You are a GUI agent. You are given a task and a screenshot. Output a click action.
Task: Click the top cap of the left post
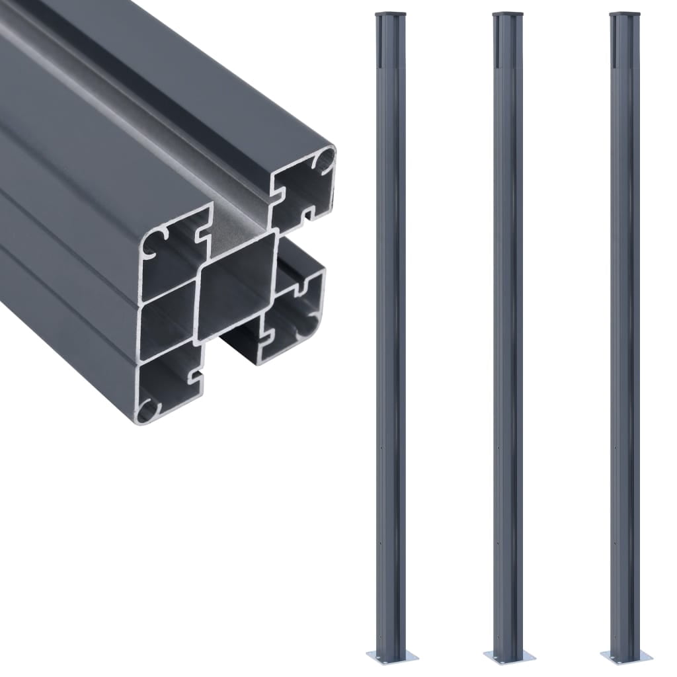(x=389, y=14)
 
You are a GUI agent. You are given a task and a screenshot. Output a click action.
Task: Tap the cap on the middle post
(x=508, y=14)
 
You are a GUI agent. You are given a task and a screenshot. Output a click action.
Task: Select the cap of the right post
(x=625, y=14)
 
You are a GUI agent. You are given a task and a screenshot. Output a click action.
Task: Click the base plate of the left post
(x=392, y=655)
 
